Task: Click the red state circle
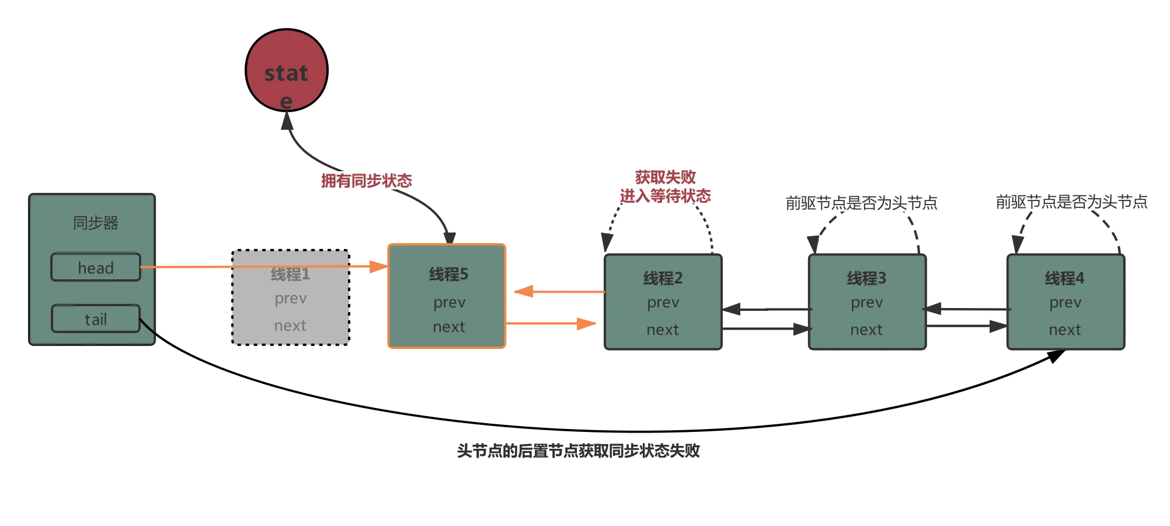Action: (x=286, y=71)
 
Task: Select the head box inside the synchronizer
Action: (x=96, y=268)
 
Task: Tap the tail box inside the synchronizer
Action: (x=96, y=319)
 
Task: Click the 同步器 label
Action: (x=96, y=223)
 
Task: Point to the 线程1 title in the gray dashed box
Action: (x=290, y=274)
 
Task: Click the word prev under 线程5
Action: (x=449, y=303)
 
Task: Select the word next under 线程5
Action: (x=449, y=327)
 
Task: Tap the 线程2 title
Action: (x=663, y=278)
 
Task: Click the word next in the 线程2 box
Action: (x=663, y=330)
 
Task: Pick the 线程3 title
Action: (x=866, y=278)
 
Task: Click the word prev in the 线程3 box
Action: (x=866, y=303)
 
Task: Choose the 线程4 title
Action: (x=1064, y=278)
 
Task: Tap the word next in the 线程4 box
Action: (x=1064, y=330)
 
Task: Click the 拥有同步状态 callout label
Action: (x=367, y=181)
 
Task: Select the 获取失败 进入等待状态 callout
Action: (x=665, y=186)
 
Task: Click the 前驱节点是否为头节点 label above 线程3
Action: (x=861, y=203)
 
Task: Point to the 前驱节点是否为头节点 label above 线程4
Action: (x=1071, y=202)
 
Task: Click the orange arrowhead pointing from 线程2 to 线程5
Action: (x=525, y=291)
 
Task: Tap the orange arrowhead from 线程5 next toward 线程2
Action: (x=586, y=323)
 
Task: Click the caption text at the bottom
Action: (x=578, y=451)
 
